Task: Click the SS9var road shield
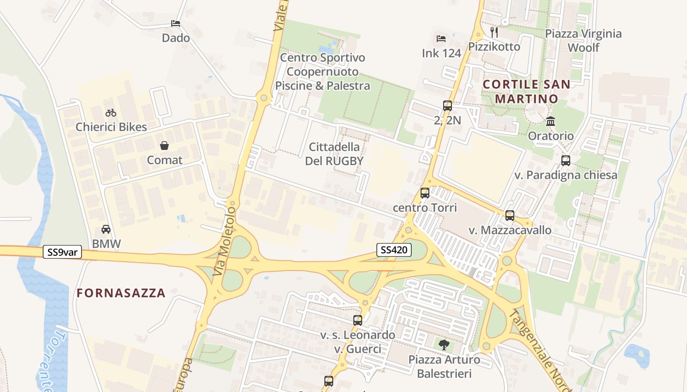click(x=62, y=252)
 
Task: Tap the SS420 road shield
click(x=394, y=250)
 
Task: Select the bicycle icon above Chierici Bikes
click(x=111, y=113)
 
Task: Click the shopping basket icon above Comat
click(x=164, y=146)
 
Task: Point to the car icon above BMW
click(x=106, y=229)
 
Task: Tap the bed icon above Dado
click(x=176, y=23)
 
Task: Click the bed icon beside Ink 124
click(x=441, y=38)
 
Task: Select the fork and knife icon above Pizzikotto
click(x=494, y=32)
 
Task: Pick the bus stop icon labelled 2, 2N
click(x=447, y=105)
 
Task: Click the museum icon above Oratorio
click(x=551, y=121)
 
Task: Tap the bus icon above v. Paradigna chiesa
click(x=565, y=160)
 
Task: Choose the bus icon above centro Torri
click(x=425, y=193)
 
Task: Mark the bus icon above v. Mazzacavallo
click(x=510, y=215)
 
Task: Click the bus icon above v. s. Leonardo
click(x=358, y=320)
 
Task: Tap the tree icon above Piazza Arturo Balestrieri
click(x=444, y=344)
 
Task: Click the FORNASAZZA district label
click(x=121, y=293)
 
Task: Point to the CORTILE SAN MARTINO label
click(x=527, y=91)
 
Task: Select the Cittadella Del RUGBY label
click(x=334, y=154)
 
